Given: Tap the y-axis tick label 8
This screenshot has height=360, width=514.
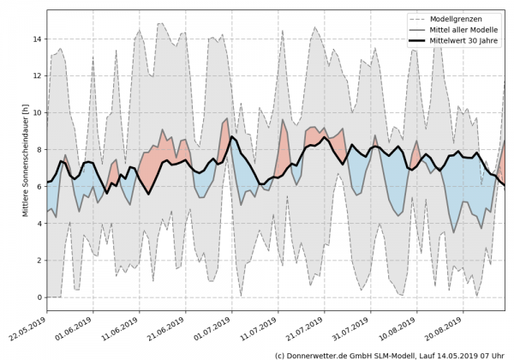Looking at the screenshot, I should (38, 149).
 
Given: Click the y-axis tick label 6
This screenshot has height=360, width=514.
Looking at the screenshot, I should (38, 186).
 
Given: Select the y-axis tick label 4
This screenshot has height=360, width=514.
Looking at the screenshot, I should (38, 223).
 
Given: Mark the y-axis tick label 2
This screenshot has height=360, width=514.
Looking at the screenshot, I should (38, 260).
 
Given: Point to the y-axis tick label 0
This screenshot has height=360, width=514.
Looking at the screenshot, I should (38, 297).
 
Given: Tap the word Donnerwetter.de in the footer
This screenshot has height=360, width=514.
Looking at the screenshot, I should (321, 354).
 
